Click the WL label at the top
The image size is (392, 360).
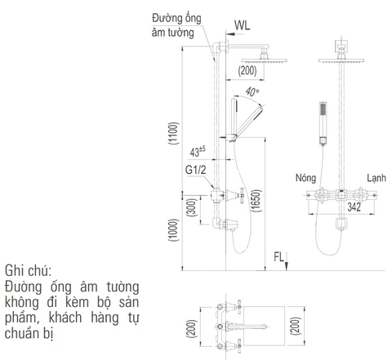coord(243,24)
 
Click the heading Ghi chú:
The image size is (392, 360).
coord(28,269)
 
